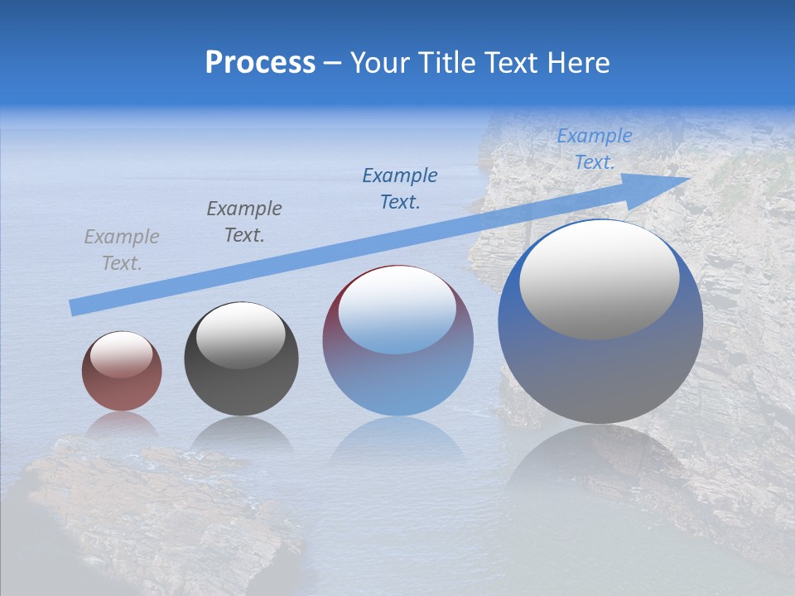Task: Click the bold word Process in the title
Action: (x=260, y=62)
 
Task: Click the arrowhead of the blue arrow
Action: (x=667, y=184)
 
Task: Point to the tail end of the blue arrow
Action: (x=76, y=307)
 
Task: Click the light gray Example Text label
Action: (x=122, y=250)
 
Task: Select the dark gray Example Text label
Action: (x=244, y=222)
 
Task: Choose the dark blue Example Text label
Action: (x=400, y=188)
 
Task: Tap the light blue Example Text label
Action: (x=594, y=149)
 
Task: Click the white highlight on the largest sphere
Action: (x=599, y=280)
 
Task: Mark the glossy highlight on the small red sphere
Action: (x=121, y=354)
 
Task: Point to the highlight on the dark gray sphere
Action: (x=240, y=335)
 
